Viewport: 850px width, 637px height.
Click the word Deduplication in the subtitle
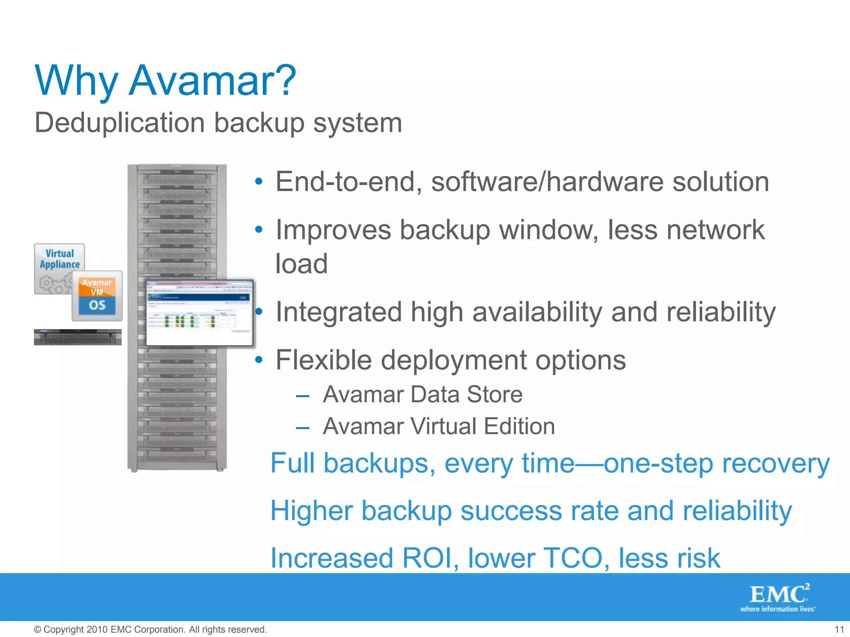coord(120,123)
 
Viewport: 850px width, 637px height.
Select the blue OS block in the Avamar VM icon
coord(97,306)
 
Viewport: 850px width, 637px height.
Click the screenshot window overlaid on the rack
coord(199,313)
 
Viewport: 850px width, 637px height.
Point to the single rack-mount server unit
coord(78,337)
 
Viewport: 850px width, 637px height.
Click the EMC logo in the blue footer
coord(779,597)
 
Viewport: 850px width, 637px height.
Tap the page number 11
coord(839,630)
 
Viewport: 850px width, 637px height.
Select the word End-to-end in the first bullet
coord(349,182)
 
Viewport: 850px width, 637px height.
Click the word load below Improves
coord(302,264)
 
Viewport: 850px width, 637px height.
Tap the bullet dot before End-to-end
coord(259,182)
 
